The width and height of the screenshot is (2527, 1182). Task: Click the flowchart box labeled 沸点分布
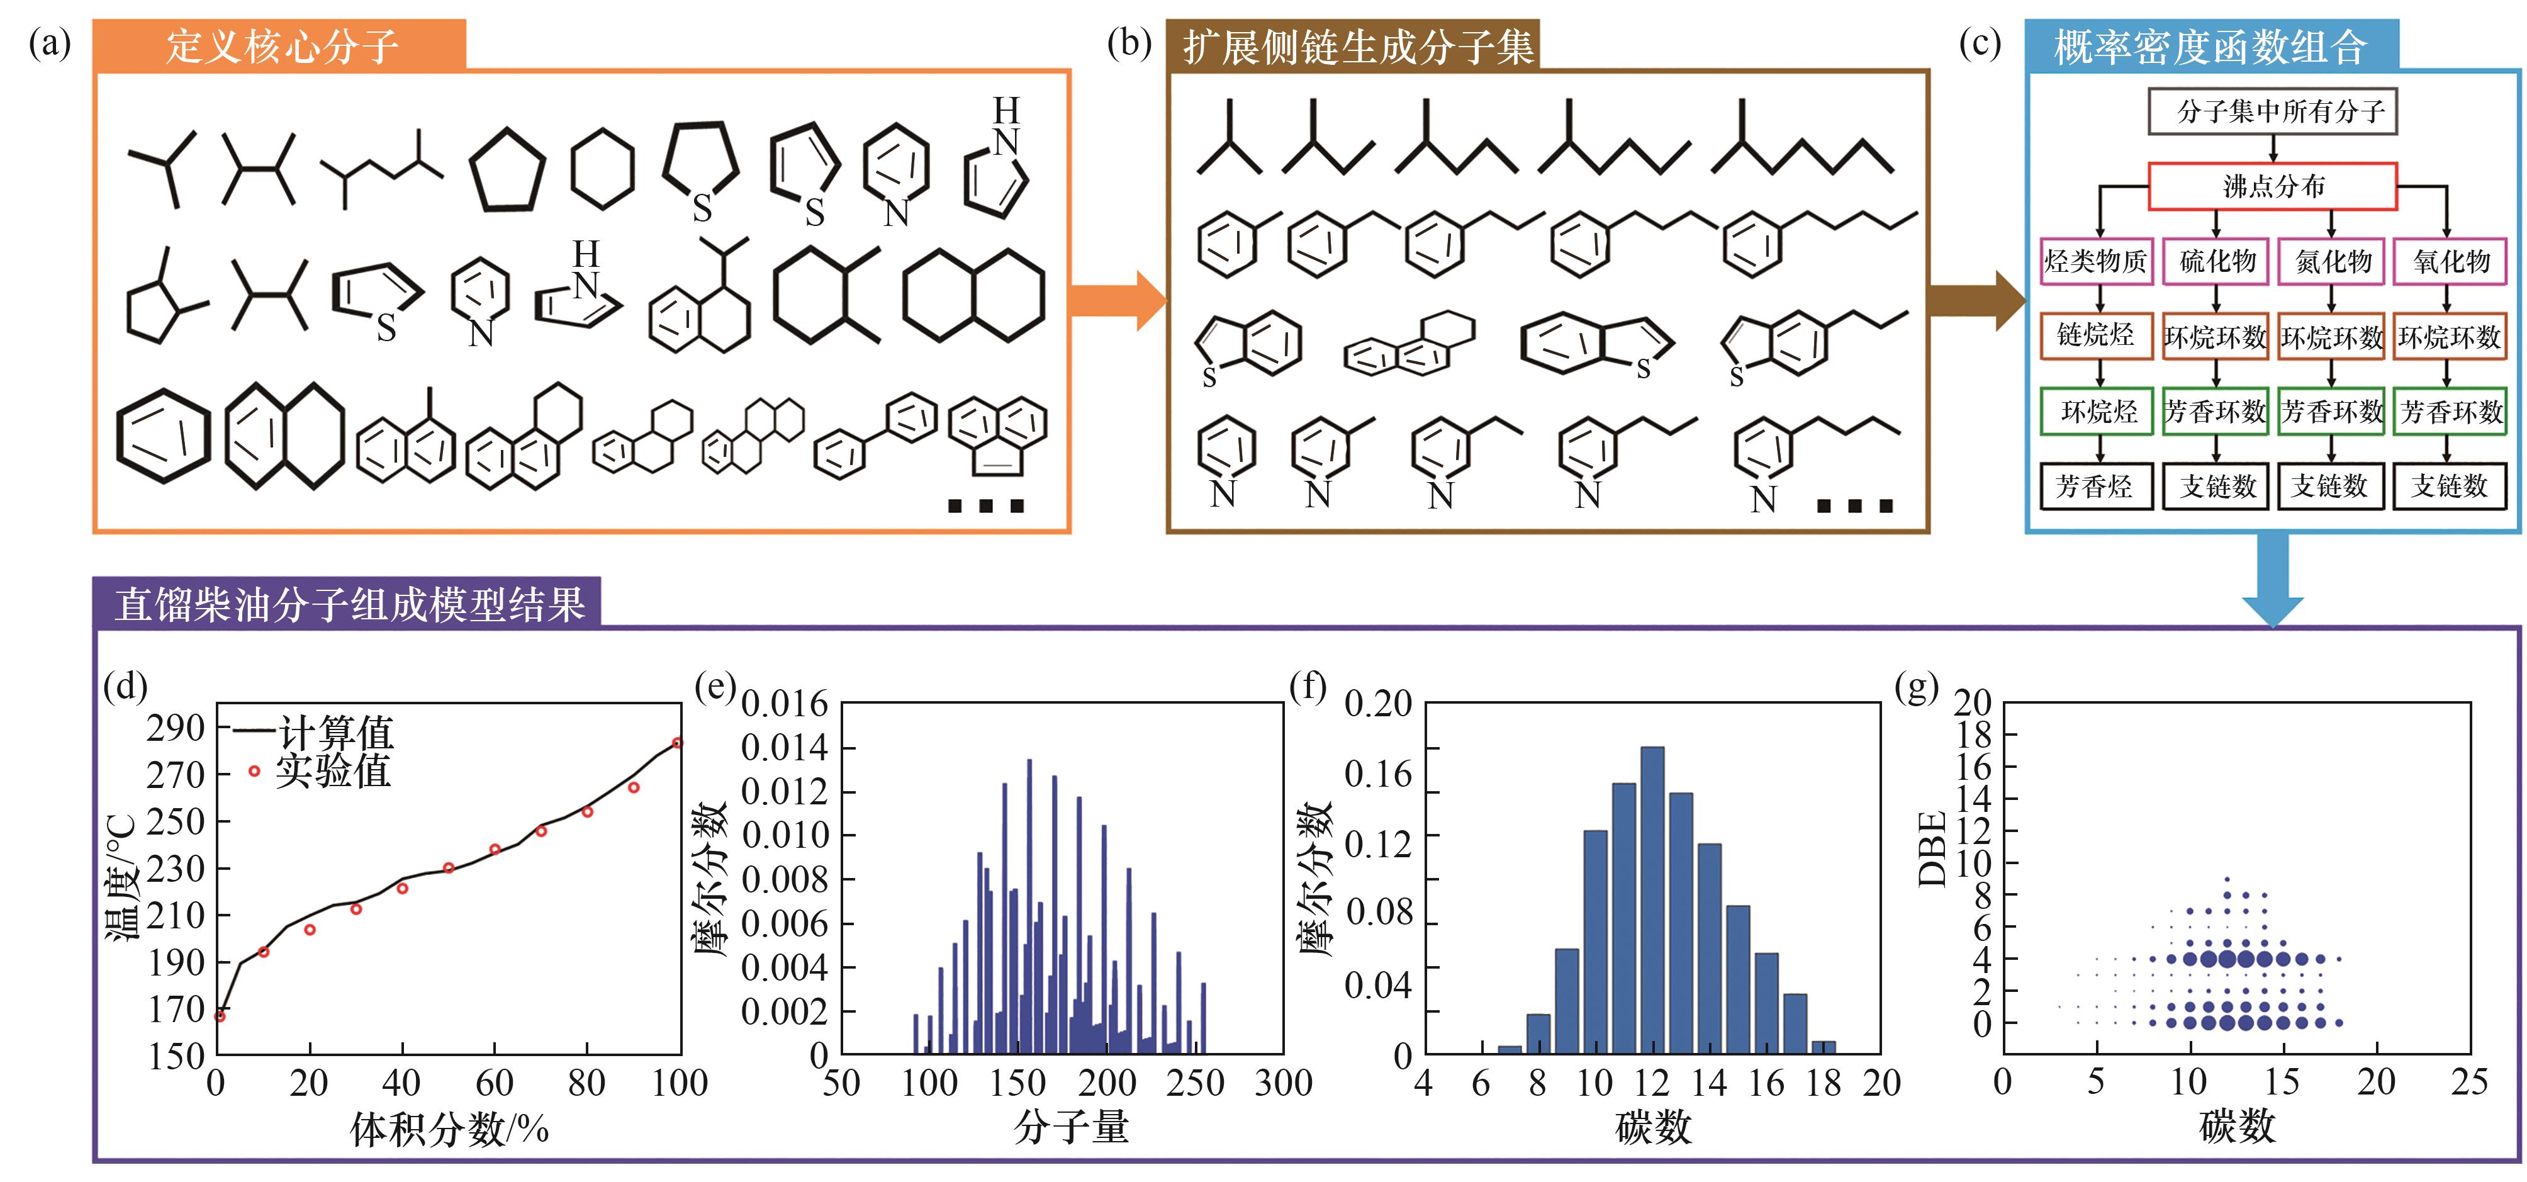pos(2272,186)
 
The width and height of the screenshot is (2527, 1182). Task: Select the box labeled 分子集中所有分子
pos(2272,111)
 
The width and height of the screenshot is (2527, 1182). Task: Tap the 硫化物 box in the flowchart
pos(2216,261)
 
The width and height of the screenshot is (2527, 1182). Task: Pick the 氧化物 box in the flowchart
pos(2450,261)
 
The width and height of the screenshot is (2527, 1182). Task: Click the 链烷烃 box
pos(2097,335)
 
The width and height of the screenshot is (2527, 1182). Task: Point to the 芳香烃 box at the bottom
pos(2097,485)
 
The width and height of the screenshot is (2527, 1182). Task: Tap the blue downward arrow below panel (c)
pos(2272,579)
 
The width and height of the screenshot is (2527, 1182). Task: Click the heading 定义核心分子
pos(281,46)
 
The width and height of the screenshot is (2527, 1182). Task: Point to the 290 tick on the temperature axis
pos(175,728)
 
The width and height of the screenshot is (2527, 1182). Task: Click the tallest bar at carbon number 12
pos(1652,901)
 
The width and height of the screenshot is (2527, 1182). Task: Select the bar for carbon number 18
pos(1824,1047)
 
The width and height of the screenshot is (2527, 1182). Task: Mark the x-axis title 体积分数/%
pos(449,1129)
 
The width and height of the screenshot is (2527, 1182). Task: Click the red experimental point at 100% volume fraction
pos(677,743)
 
